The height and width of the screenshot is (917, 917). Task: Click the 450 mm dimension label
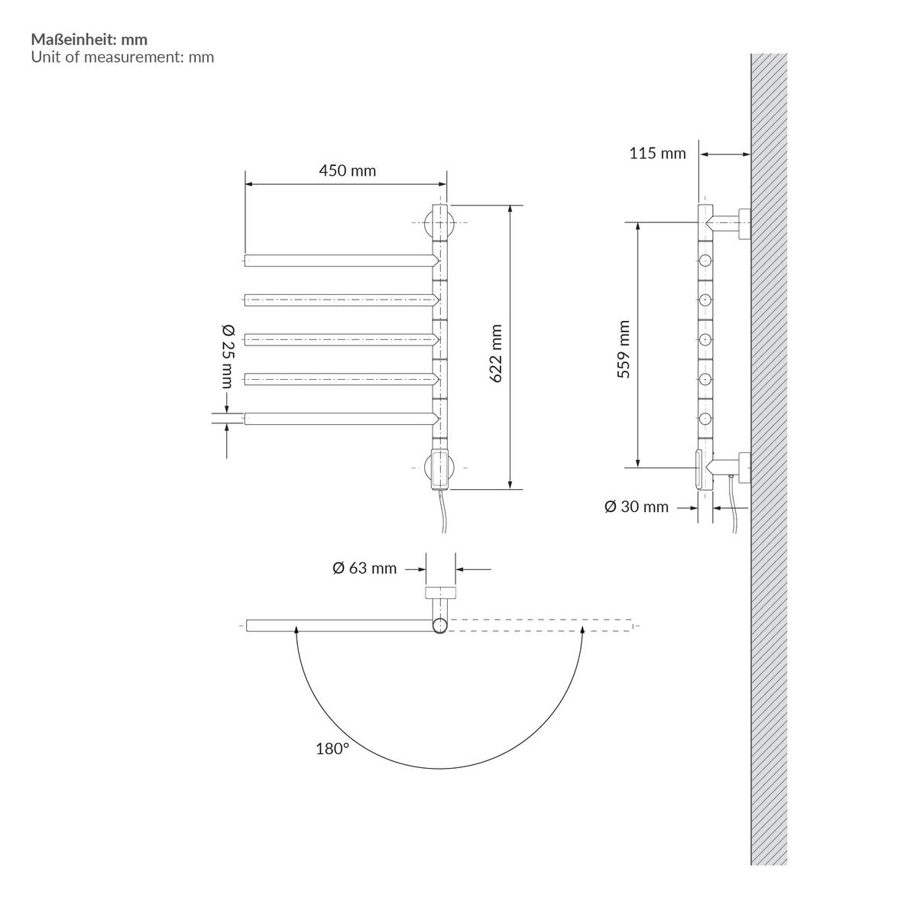347,170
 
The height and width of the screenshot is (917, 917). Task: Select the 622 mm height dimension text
496,354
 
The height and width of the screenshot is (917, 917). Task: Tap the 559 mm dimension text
624,350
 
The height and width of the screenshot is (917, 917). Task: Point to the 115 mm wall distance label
657,154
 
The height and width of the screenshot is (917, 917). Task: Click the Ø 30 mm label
636,507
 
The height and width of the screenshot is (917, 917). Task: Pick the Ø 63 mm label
365,568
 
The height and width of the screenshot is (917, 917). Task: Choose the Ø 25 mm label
227,355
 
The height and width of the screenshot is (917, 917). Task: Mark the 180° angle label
332,748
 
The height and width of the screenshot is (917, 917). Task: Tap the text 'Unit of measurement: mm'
122,57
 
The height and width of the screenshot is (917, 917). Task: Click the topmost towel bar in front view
340,261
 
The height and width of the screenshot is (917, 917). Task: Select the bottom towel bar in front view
340,418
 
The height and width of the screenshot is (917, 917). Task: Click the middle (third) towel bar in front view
340,339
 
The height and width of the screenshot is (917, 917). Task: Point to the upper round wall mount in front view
439,223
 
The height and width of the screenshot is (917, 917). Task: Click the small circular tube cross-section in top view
439,626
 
